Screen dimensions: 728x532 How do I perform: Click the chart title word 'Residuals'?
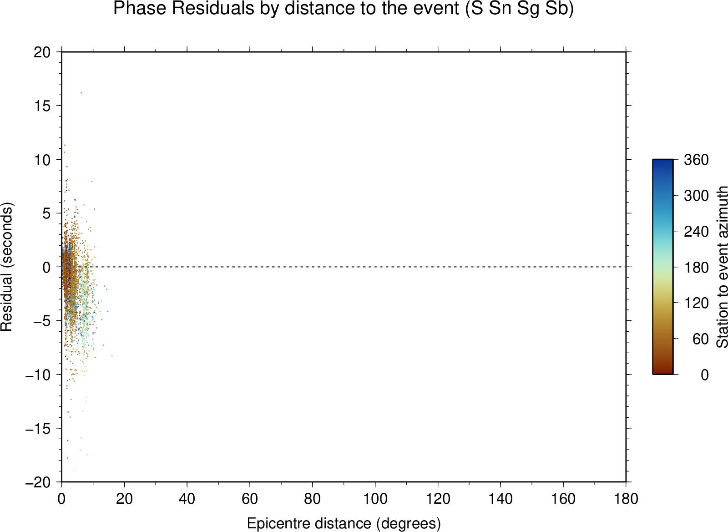213,8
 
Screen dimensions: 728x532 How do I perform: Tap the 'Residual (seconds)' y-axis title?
6,267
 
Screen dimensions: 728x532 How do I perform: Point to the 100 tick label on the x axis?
375,499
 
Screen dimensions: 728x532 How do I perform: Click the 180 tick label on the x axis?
626,499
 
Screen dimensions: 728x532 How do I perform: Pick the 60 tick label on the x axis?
250,499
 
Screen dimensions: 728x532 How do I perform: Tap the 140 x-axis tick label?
500,499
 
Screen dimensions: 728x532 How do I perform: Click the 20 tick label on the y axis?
42,52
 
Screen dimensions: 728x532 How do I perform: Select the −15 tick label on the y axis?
38,429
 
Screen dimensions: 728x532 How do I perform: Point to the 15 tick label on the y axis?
42,106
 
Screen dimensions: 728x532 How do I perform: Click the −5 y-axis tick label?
42,321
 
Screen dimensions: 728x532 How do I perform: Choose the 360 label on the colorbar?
696,160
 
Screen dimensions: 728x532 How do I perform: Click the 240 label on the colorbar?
696,232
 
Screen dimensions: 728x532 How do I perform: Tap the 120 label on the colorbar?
696,303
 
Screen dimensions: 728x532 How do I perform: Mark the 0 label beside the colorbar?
705,375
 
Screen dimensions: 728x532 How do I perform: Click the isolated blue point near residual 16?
81,93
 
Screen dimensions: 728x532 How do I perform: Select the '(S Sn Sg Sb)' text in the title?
519,8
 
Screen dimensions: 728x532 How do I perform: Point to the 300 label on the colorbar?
696,196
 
